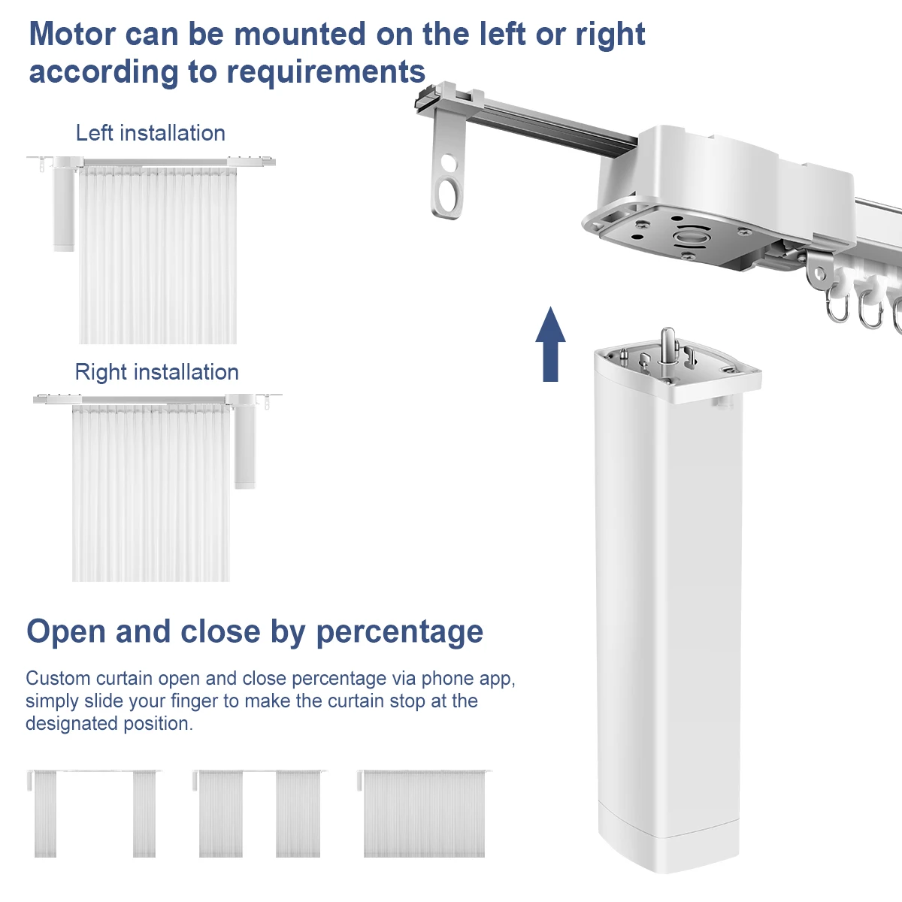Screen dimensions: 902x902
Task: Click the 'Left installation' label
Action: point(150,133)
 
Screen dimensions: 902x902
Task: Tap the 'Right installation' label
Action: point(156,372)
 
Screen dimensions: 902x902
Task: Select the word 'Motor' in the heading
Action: point(72,35)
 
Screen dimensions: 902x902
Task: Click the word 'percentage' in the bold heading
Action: point(399,632)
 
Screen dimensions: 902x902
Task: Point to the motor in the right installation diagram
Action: point(244,443)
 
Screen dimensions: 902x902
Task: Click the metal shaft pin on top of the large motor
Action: point(667,345)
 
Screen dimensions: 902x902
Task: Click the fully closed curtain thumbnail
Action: point(424,813)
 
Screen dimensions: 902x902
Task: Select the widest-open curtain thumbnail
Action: point(94,813)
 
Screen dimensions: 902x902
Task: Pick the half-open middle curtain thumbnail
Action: point(259,813)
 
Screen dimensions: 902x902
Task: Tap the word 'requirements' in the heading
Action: point(326,72)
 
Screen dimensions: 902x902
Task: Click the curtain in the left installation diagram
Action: point(158,256)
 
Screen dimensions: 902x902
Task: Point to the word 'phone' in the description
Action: point(449,679)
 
